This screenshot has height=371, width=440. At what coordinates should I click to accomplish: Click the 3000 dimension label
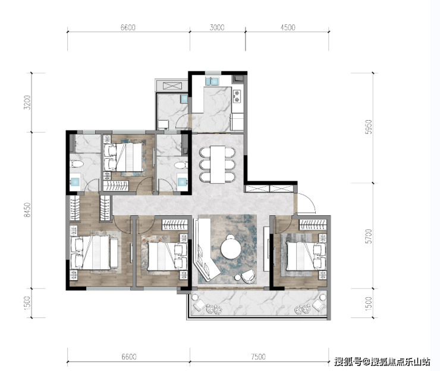pos(217,27)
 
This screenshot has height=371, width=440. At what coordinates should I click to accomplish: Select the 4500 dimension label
pos(288,27)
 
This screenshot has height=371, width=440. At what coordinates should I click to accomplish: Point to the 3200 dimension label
pos(27,102)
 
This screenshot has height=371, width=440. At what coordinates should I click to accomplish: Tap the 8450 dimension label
pos(27,210)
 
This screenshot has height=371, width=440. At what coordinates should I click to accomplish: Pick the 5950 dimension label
pos(369,127)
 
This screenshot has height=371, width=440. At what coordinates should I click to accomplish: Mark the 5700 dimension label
pos(369,236)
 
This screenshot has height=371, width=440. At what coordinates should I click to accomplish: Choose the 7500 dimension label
pos(258,357)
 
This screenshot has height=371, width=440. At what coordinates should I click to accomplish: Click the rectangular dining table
pos(218,164)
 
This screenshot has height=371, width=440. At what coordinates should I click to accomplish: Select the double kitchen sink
pos(212,81)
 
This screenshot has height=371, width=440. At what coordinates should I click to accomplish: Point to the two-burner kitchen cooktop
pos(237,96)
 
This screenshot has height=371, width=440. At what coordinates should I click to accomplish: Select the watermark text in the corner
pos(382,361)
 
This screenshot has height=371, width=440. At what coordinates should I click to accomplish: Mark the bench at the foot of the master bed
pos(114,253)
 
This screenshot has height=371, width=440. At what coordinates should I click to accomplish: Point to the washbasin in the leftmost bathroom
pos(75,183)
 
